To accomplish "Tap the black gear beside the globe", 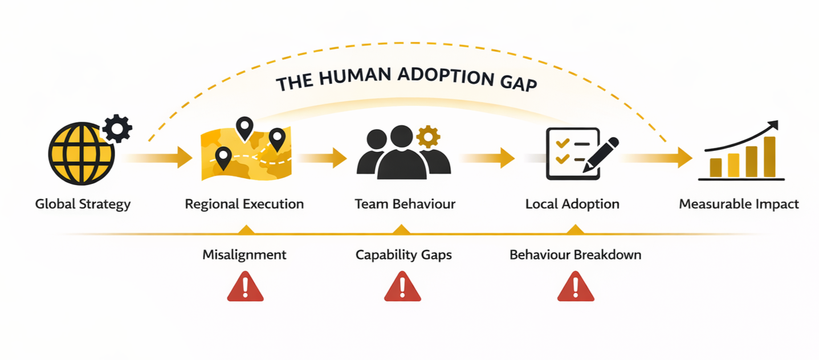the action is tap(117, 129).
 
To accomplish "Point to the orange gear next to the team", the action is tap(428, 137).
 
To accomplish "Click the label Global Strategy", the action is tap(83, 204).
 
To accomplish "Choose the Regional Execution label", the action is tap(244, 204).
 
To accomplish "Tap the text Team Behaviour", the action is tap(405, 204).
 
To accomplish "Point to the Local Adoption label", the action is tap(572, 204).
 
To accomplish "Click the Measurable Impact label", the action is tap(739, 204).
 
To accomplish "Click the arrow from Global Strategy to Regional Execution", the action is tap(160, 157).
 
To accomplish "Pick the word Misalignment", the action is tap(244, 255).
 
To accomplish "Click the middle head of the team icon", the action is tap(402, 137).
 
